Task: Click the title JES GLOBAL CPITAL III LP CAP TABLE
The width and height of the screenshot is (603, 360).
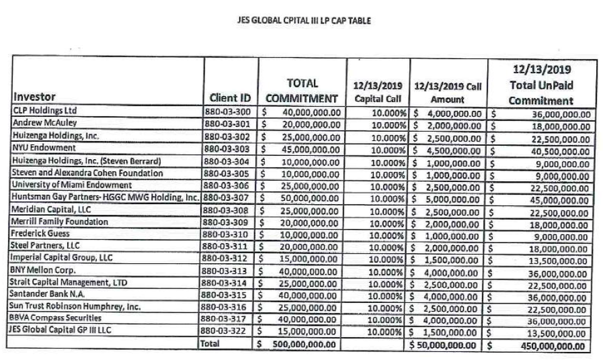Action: coord(301,21)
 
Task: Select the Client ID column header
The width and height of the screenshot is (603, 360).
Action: coord(230,98)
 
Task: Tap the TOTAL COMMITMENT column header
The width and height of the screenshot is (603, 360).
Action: coord(302,90)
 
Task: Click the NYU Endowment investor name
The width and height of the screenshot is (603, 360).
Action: coord(44,148)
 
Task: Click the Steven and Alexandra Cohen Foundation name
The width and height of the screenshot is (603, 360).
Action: coord(87,173)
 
